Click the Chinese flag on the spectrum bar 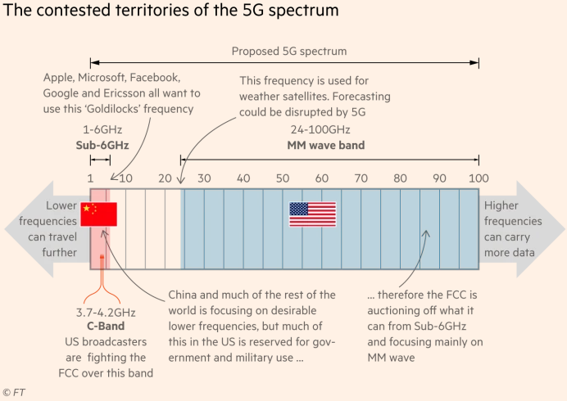point(99,214)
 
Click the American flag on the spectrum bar point(312,214)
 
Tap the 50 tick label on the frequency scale point(283,178)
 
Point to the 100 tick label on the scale point(479,178)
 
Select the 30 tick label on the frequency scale point(204,178)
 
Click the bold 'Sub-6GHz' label point(98,146)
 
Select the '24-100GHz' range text point(320,130)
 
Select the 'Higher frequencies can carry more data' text point(513,229)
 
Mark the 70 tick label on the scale point(361,178)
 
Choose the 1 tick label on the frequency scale point(90,178)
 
